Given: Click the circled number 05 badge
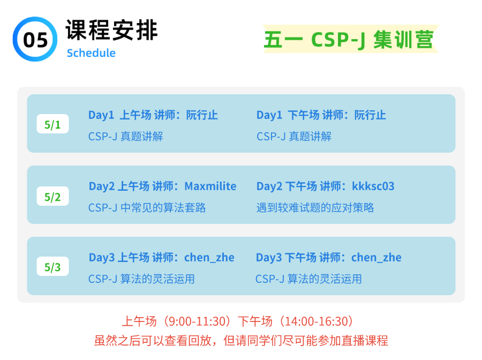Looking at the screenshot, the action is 35,39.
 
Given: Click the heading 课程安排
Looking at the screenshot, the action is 111,30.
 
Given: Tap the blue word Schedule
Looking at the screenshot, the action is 91,53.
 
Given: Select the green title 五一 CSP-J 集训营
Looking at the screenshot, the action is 349,40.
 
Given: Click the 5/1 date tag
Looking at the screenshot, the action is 52,124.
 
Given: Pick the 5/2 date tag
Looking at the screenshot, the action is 52,196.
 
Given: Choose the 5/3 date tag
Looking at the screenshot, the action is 52,267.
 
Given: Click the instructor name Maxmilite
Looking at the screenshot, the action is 210,186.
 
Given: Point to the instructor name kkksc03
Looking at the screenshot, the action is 373,186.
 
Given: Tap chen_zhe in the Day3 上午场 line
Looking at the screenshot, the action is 209,258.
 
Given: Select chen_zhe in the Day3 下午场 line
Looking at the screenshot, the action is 376,258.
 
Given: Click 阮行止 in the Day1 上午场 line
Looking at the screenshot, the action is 202,115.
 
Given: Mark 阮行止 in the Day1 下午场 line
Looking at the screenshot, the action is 370,115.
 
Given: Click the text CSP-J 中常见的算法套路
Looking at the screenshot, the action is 147,207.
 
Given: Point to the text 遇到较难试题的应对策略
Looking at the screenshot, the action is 315,207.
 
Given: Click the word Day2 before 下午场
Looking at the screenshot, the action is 269,186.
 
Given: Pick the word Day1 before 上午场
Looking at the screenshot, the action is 101,115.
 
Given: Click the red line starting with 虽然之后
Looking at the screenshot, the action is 241,341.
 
